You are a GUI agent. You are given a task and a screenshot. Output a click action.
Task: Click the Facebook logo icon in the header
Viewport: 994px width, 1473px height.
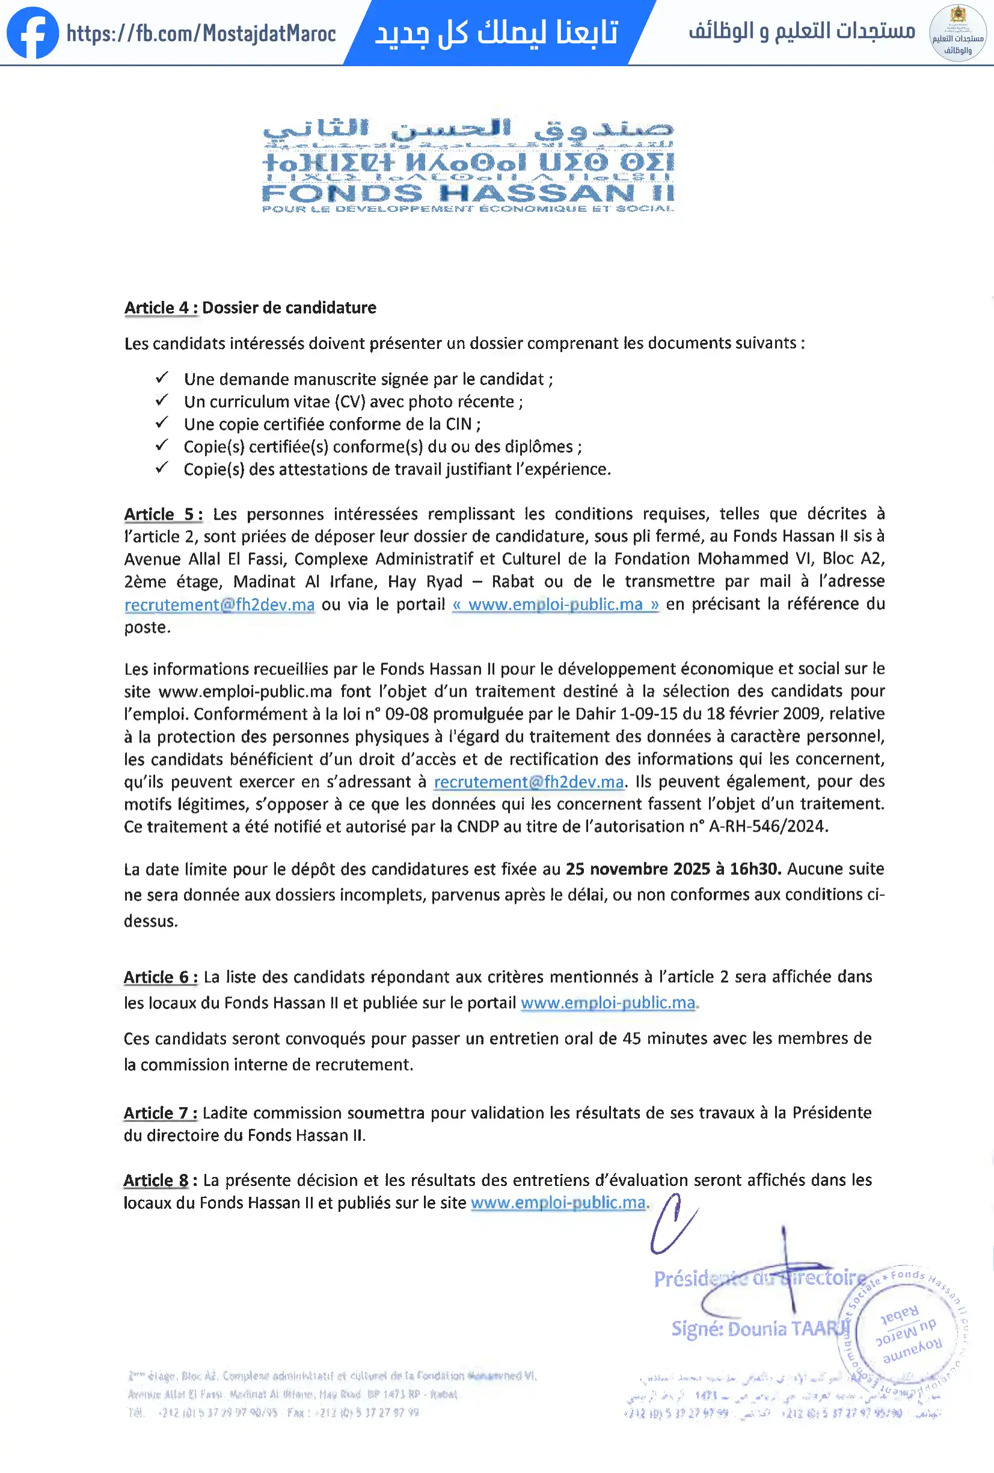tap(32, 33)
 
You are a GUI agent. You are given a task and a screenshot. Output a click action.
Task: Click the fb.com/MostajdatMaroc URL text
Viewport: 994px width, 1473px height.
tap(201, 34)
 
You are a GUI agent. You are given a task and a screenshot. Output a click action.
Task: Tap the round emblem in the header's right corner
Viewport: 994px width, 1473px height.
tap(957, 34)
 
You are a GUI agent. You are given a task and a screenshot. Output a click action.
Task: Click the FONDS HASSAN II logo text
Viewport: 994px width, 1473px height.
tap(468, 192)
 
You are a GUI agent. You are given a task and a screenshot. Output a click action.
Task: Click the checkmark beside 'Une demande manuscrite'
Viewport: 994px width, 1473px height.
tap(162, 378)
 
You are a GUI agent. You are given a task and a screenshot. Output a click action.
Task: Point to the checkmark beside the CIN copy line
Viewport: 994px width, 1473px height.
tap(162, 423)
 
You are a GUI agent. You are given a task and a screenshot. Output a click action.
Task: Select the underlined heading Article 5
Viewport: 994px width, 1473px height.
tap(163, 514)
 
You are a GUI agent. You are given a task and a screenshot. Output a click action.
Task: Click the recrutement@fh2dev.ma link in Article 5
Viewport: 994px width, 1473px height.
tap(219, 605)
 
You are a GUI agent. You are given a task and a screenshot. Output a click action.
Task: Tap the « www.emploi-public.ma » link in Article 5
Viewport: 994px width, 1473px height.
tap(556, 605)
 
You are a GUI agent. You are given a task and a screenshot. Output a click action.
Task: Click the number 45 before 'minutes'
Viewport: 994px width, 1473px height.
tap(631, 1038)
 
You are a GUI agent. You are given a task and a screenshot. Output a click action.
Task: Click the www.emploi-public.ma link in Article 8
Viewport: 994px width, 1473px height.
tap(558, 1203)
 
